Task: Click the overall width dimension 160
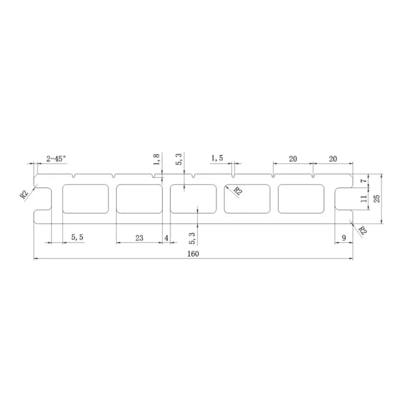[193, 254]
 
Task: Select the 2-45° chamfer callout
[56, 159]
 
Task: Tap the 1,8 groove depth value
[157, 159]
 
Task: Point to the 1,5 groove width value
[217, 158]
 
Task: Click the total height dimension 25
[377, 198]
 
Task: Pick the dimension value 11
[364, 198]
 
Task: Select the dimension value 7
[364, 181]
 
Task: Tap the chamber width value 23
[139, 238]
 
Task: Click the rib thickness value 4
[166, 238]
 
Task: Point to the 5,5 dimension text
[77, 237]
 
